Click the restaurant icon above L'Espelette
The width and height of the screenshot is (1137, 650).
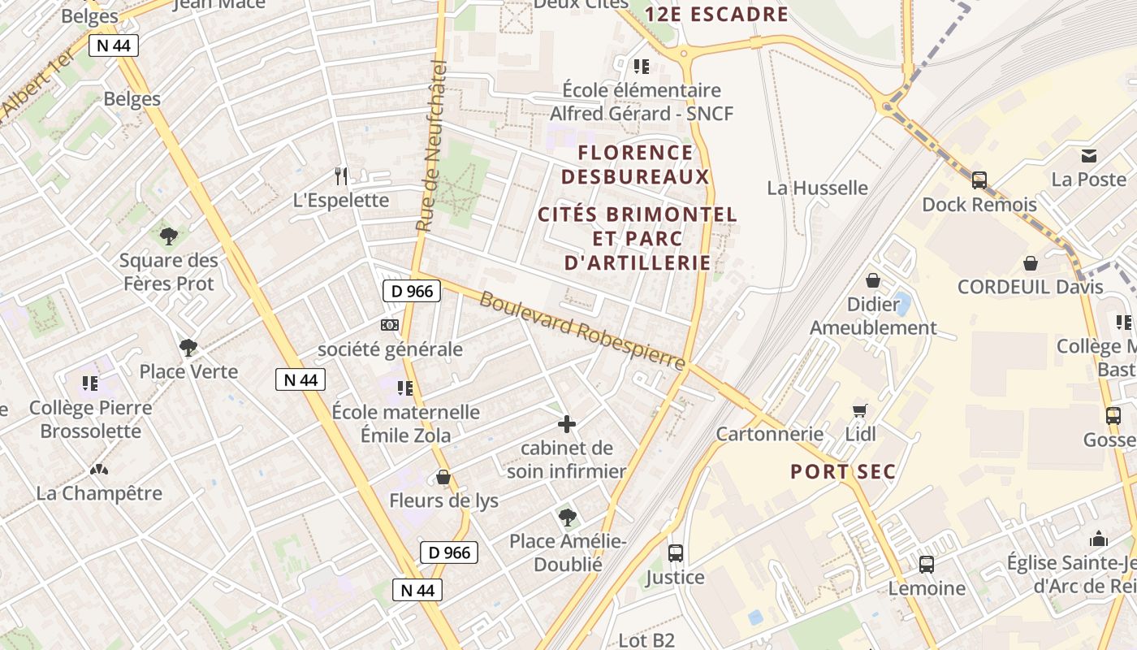click(x=342, y=175)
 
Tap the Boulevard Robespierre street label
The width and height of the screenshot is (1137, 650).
click(x=582, y=331)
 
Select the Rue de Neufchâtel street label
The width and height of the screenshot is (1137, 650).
click(x=431, y=146)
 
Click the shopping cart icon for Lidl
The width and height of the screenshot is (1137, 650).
click(x=860, y=411)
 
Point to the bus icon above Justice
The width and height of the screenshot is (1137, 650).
click(x=675, y=553)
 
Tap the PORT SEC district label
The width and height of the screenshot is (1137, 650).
click(x=843, y=472)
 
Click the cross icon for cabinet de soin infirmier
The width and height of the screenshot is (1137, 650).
click(x=567, y=424)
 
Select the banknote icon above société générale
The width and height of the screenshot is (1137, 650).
click(x=390, y=325)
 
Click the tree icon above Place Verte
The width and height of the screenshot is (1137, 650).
click(x=188, y=348)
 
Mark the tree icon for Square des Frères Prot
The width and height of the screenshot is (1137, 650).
click(x=169, y=236)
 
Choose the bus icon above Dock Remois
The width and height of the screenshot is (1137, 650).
click(x=979, y=180)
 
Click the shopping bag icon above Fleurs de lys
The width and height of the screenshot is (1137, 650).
click(x=443, y=477)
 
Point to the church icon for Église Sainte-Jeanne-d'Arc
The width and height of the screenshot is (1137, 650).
click(x=1099, y=539)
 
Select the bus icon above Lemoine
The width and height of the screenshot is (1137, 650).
click(x=927, y=564)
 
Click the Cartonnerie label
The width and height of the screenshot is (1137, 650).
click(x=769, y=434)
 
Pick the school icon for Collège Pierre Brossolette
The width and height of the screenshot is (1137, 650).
click(x=90, y=383)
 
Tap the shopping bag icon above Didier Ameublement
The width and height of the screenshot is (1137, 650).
click(x=873, y=280)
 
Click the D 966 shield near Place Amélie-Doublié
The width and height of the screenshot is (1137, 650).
click(x=449, y=553)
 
